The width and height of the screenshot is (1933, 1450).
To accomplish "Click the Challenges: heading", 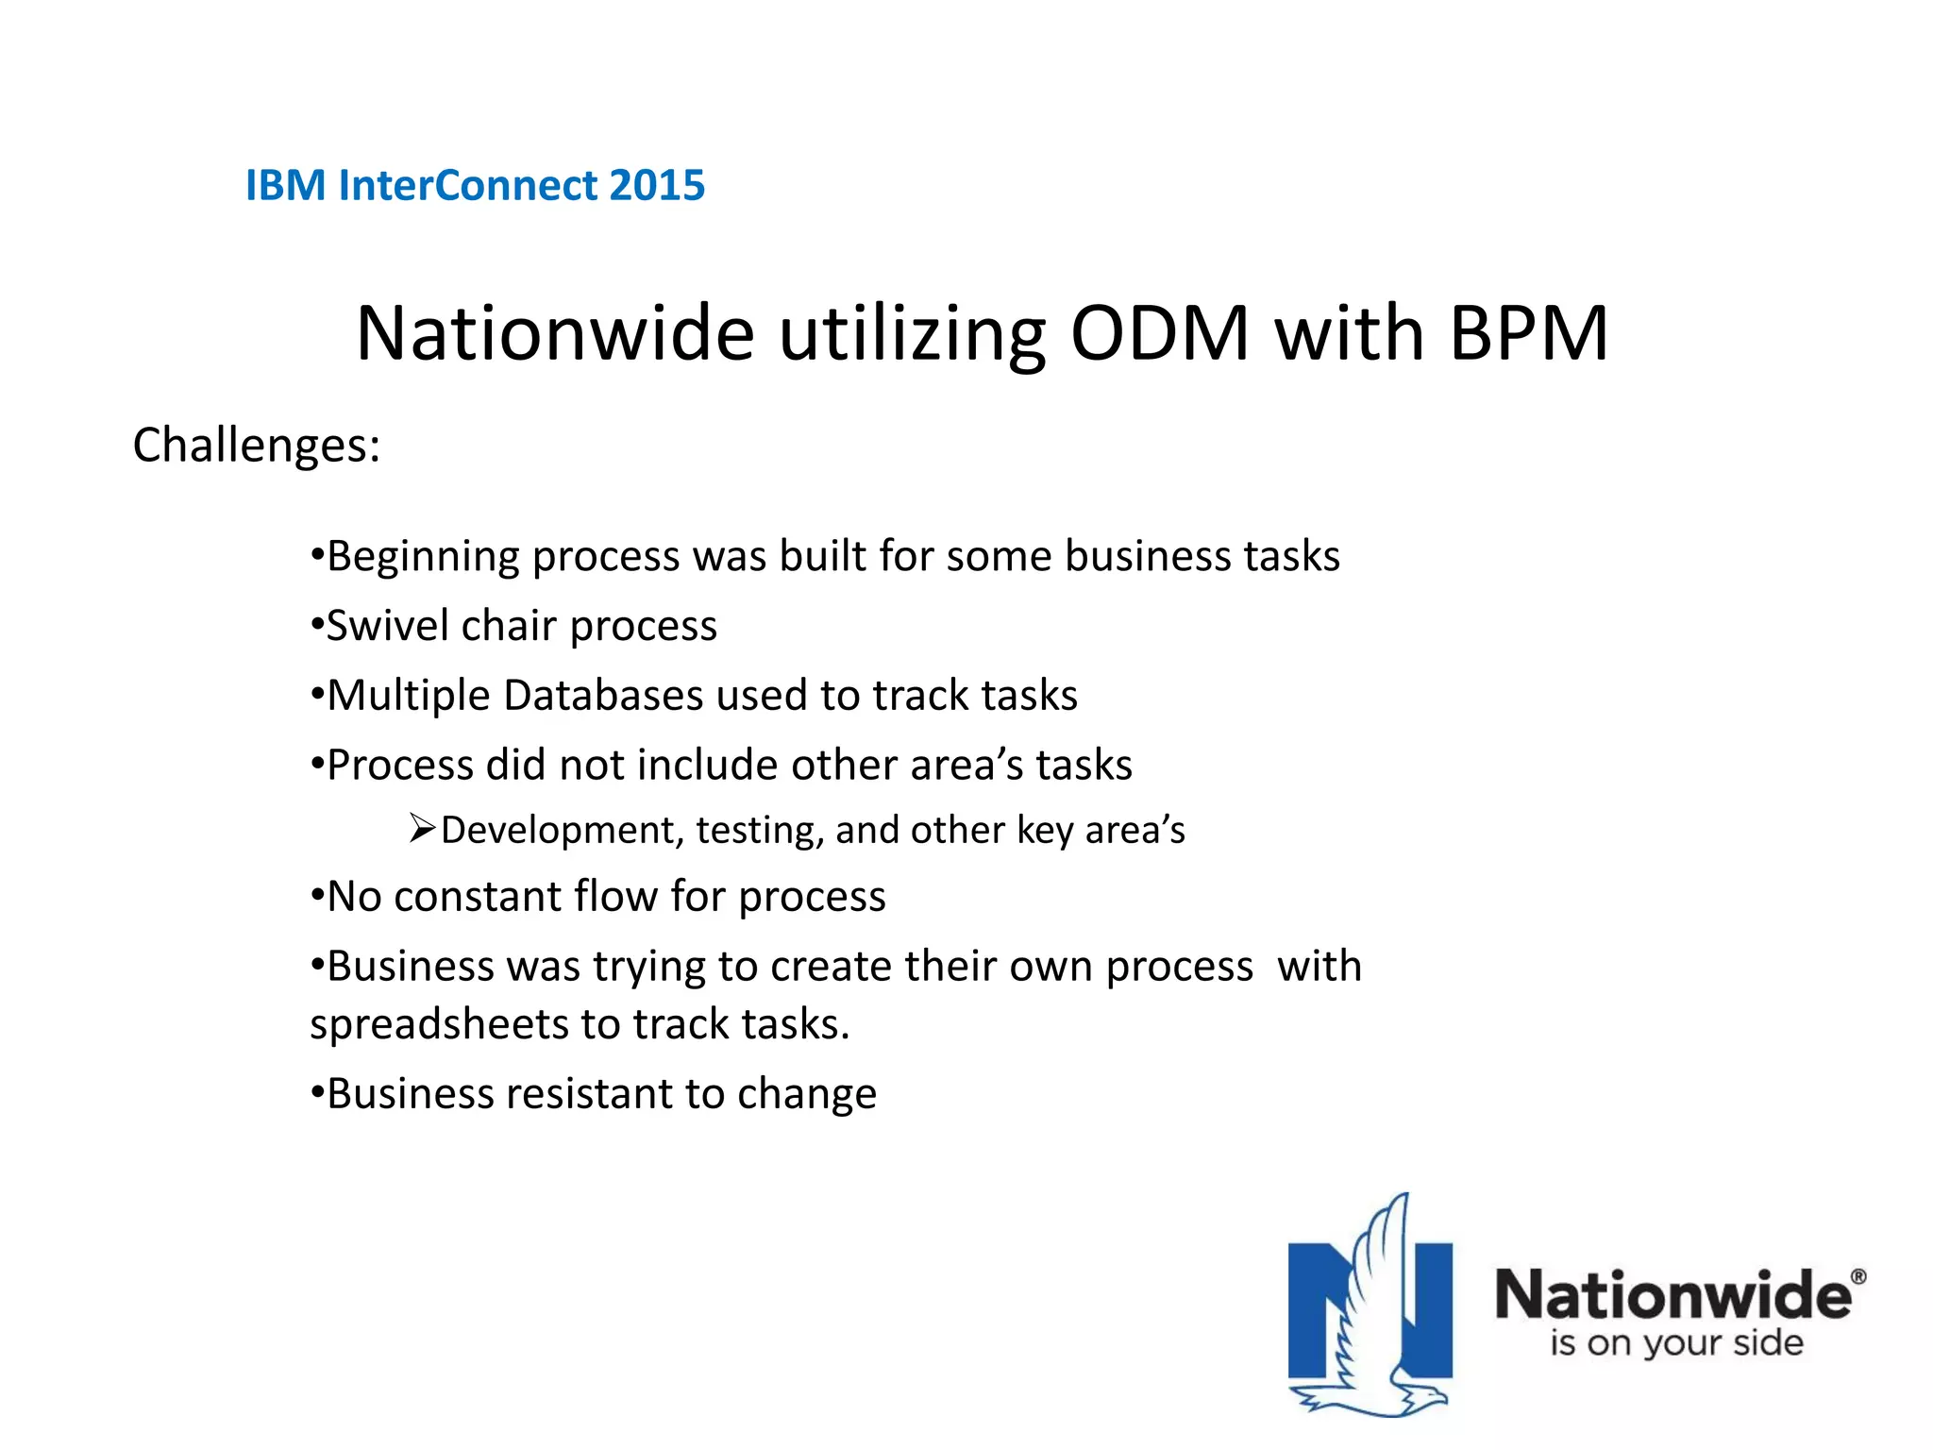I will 256,445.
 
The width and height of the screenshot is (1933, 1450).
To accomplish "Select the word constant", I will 478,897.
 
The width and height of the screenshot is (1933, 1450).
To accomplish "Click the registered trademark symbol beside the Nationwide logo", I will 1858,1277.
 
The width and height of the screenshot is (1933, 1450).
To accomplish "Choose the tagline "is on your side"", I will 1676,1342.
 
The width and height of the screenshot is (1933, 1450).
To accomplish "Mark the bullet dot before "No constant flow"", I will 317,895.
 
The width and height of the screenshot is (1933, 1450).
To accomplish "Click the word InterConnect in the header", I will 467,185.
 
